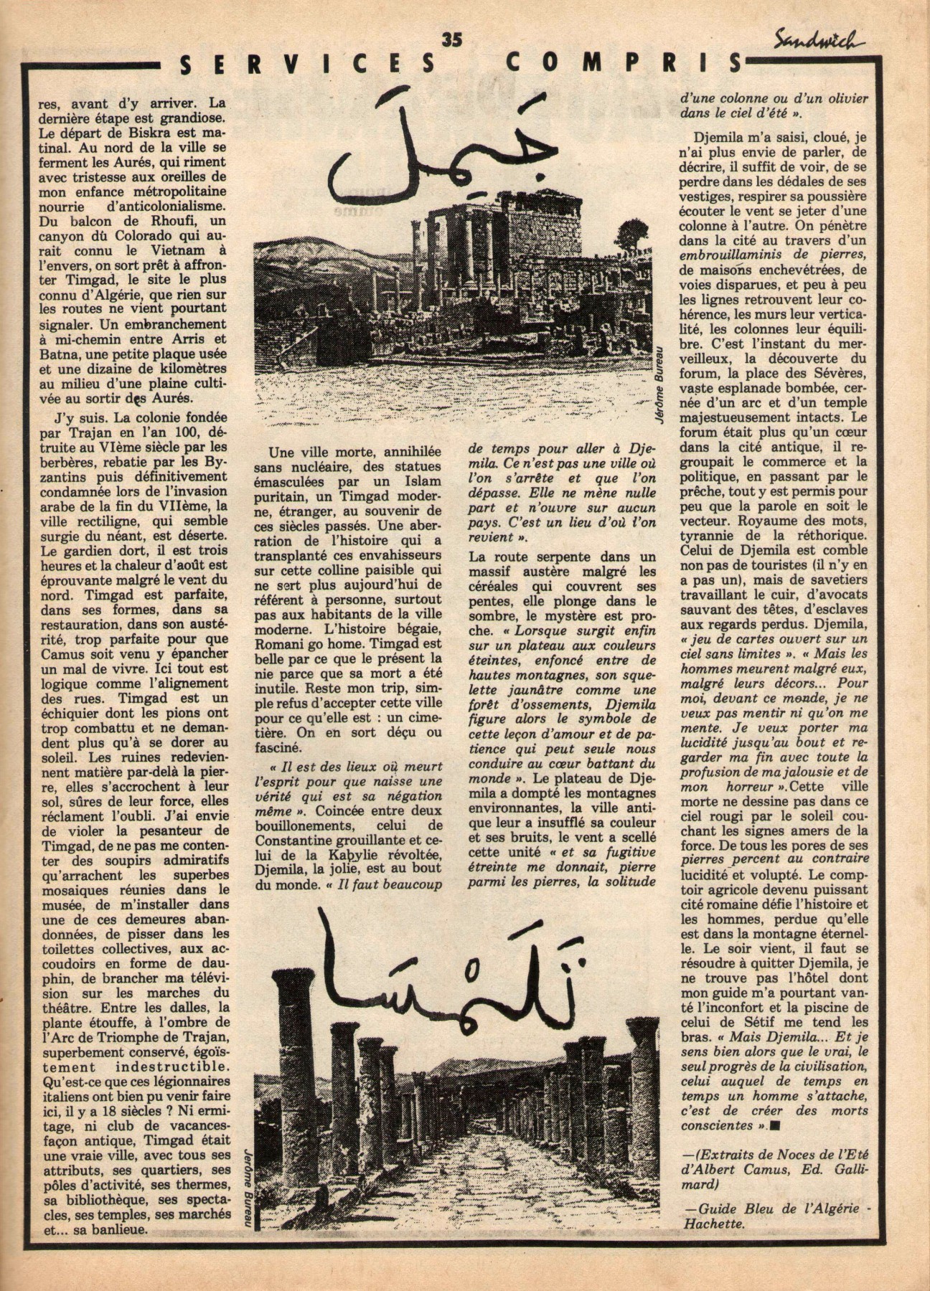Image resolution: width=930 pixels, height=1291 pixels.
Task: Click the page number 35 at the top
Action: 453,40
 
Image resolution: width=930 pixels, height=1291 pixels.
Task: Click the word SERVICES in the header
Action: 308,65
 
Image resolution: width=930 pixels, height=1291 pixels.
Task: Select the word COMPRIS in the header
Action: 624,64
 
